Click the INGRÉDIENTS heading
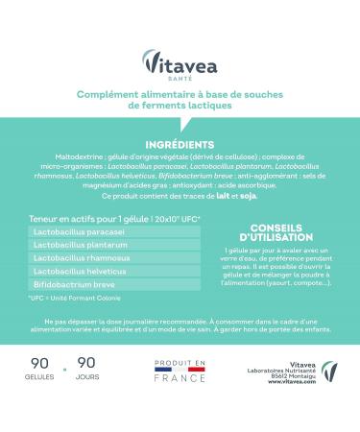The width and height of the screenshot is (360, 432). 180,144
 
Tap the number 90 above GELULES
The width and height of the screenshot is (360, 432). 41,366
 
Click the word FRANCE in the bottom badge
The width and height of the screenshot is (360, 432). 181,378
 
